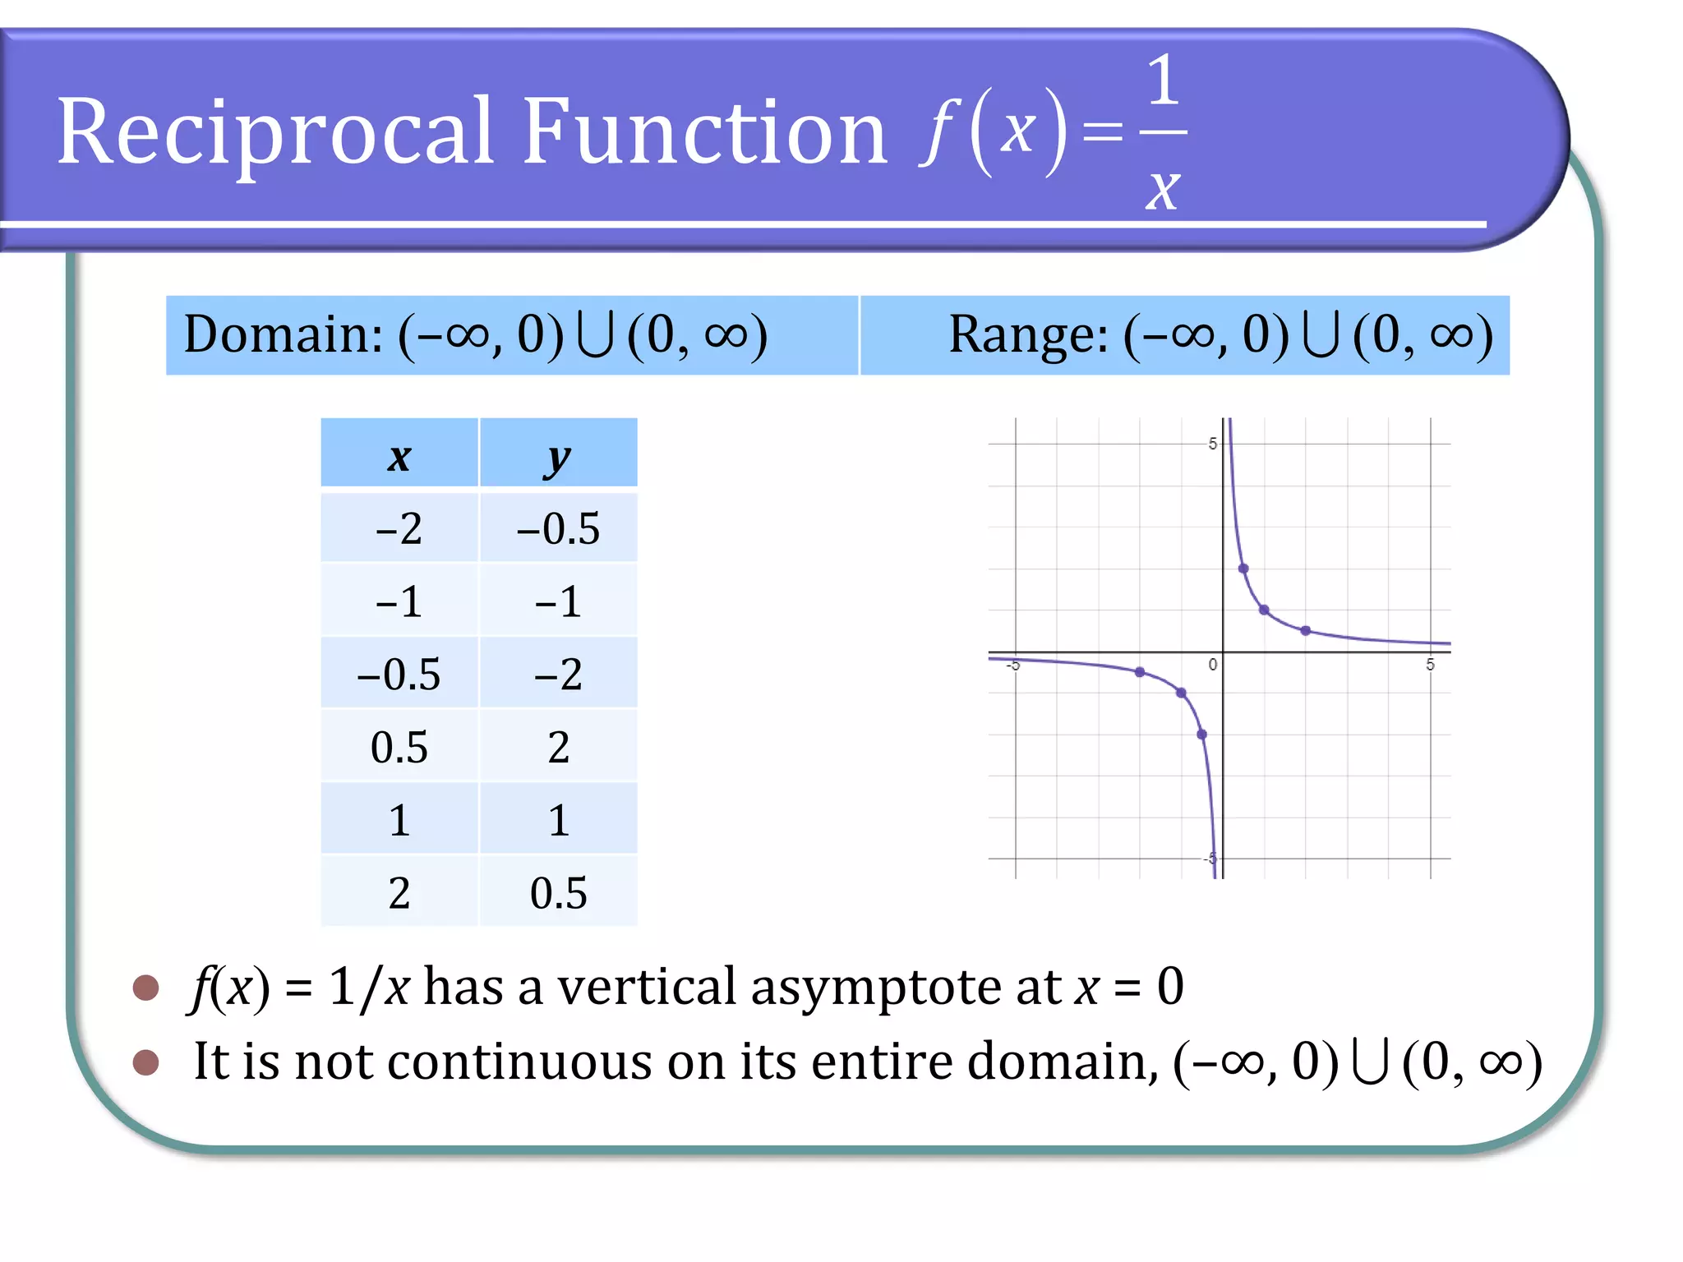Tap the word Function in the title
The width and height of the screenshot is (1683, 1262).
click(704, 131)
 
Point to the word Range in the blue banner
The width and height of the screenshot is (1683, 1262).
click(1028, 334)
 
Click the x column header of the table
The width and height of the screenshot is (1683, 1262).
click(399, 455)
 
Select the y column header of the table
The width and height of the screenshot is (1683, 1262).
click(558, 457)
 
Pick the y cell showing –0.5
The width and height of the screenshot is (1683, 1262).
click(558, 528)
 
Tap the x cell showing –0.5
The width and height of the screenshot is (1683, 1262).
click(399, 674)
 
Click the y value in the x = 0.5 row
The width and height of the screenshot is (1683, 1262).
click(558, 747)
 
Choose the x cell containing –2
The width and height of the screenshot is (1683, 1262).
click(399, 528)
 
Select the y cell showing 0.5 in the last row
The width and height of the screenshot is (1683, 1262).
click(558, 893)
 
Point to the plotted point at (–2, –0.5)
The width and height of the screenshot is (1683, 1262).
click(1140, 672)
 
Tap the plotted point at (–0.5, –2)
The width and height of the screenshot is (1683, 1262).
click(1201, 735)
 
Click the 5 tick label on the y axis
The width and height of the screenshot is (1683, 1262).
click(1212, 444)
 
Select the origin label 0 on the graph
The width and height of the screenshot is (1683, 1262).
click(1212, 665)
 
